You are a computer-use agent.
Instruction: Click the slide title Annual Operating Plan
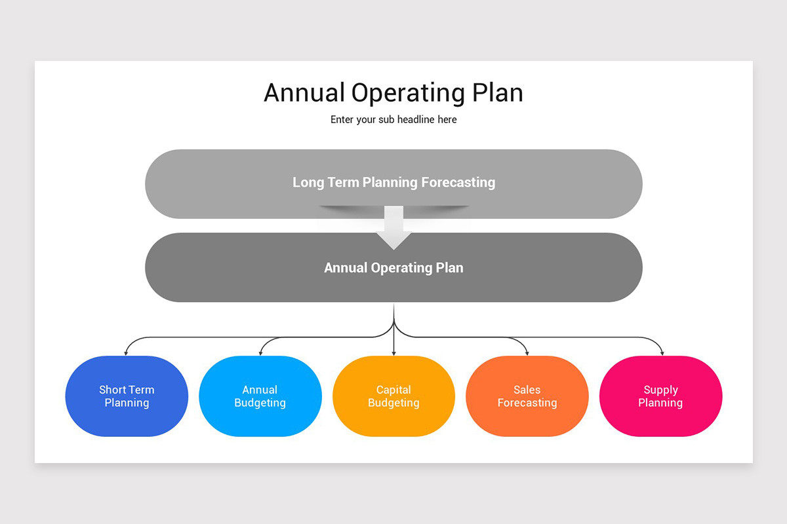point(393,92)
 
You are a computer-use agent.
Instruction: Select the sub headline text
point(393,120)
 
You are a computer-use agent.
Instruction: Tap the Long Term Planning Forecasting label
point(394,183)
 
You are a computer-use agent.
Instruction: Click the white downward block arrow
point(393,227)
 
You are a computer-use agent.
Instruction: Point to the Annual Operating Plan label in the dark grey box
point(393,268)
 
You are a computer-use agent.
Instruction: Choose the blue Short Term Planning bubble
point(127,396)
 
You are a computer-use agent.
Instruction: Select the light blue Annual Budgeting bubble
point(260,396)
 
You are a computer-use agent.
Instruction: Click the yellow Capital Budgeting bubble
point(393,396)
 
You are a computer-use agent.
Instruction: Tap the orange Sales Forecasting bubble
point(527,396)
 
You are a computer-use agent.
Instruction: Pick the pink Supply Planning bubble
point(660,396)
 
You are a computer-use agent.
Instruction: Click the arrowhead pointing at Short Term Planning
point(126,353)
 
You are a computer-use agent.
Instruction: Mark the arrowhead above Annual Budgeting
point(260,353)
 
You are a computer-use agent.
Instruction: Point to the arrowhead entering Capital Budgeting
point(393,353)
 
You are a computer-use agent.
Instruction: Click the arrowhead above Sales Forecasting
point(527,353)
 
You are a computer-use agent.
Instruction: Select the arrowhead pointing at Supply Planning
point(662,353)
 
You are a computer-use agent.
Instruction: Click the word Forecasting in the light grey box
point(458,183)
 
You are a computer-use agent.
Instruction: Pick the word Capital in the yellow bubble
point(393,390)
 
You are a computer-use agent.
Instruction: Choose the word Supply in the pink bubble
point(660,390)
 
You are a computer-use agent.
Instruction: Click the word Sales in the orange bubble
point(527,390)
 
